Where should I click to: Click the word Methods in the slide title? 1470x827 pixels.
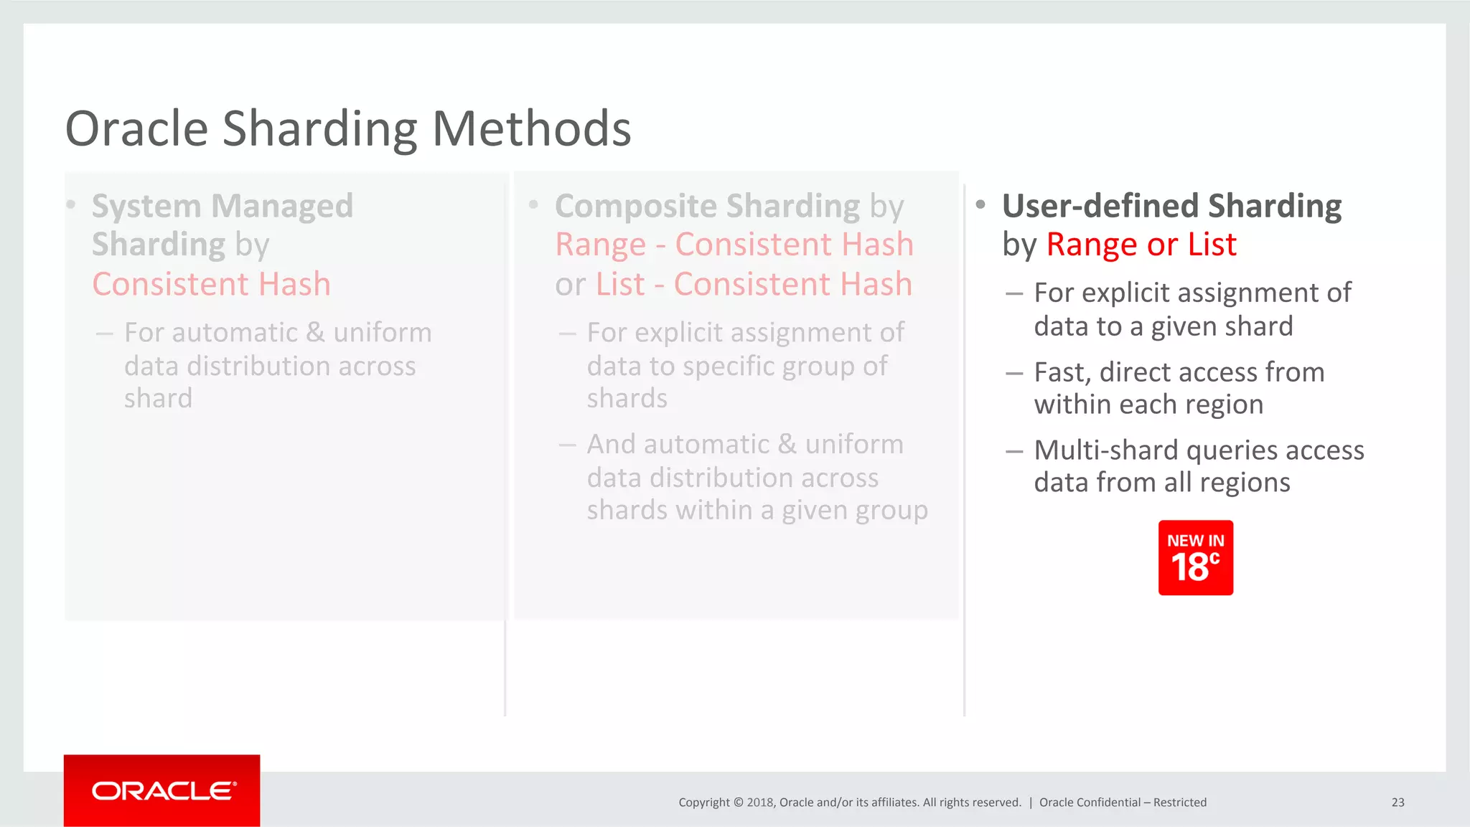(x=531, y=130)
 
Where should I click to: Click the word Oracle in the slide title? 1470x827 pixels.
(x=136, y=130)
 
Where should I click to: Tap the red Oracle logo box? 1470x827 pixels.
(x=161, y=790)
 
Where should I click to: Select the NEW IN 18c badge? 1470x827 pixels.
(x=1195, y=558)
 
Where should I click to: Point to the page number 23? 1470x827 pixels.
(x=1398, y=803)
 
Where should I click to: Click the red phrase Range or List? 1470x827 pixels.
(x=1141, y=245)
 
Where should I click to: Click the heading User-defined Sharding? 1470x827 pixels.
(x=1171, y=207)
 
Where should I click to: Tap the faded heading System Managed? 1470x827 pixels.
(x=223, y=207)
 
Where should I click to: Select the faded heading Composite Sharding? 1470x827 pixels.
(x=707, y=207)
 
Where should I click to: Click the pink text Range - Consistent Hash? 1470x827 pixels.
(x=734, y=245)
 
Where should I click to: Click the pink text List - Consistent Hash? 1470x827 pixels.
(x=754, y=285)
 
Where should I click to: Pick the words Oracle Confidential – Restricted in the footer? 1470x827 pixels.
(x=1123, y=803)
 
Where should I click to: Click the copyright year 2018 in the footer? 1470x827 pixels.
(x=759, y=803)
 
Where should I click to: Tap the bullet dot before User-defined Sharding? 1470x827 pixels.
(x=980, y=205)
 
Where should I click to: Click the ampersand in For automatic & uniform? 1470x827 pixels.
(x=315, y=333)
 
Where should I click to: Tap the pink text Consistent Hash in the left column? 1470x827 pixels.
(x=212, y=285)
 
